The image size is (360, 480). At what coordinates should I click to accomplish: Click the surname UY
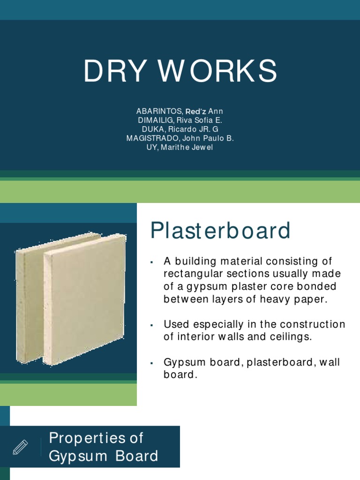click(152, 147)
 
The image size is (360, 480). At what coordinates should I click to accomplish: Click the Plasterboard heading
click(220, 231)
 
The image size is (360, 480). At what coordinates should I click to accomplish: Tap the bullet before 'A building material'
click(152, 262)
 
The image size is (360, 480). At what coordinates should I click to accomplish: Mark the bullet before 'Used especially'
click(152, 325)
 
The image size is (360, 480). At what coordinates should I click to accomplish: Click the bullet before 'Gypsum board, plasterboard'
click(152, 363)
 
